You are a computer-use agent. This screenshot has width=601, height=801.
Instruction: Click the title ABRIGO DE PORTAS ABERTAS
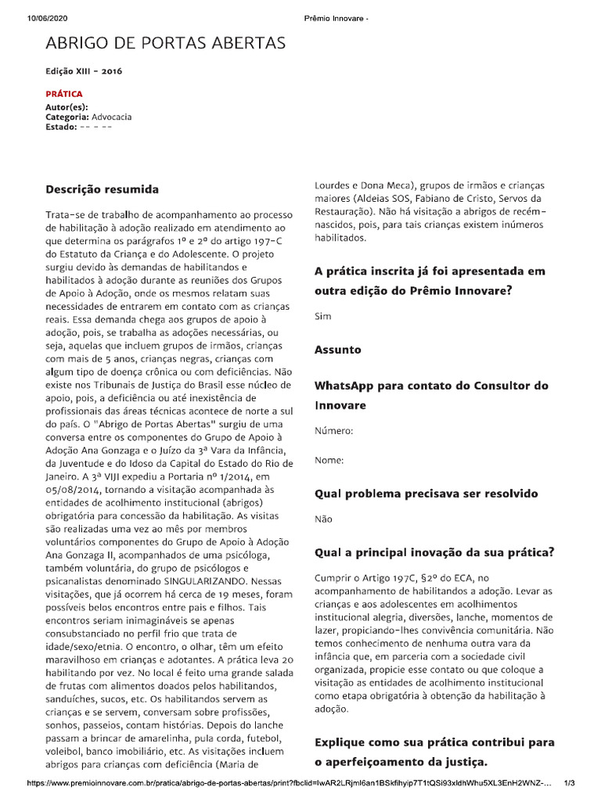pos(166,42)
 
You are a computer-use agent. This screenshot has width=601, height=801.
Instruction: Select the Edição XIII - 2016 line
pos(84,71)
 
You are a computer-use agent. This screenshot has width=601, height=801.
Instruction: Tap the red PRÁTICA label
pos(64,94)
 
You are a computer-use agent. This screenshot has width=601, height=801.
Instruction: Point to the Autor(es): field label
pos(67,106)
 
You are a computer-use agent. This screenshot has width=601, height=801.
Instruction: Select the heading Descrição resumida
pos(102,190)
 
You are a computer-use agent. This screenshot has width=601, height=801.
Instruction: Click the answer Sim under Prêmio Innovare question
pos(322,317)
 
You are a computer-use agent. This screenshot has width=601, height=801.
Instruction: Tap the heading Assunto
pos(337,350)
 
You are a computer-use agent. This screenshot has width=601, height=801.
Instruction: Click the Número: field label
pos(333,431)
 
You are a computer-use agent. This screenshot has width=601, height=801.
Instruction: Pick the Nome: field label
pos(329,461)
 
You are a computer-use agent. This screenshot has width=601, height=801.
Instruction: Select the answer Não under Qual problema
pos(322,519)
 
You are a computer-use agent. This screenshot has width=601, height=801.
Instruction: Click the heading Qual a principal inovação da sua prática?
pos(445,552)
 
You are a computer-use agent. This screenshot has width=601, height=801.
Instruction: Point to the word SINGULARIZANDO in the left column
pos(217,581)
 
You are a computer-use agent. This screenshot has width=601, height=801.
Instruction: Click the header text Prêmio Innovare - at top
pos(335,8)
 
